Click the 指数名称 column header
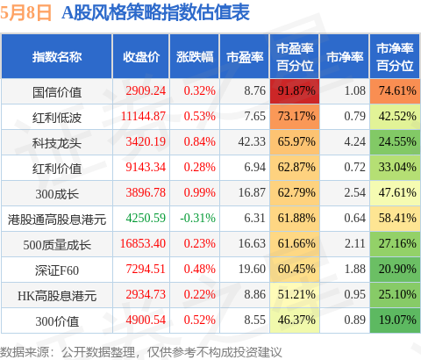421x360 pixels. (x=57, y=57)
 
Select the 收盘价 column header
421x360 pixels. (x=141, y=57)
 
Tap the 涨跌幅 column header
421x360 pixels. (x=195, y=57)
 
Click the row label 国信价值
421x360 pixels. (x=57, y=92)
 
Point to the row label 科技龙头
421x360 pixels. (x=57, y=143)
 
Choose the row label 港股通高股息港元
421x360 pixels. (x=57, y=220)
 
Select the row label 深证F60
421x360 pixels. (x=57, y=270)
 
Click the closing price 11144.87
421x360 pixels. (x=143, y=116)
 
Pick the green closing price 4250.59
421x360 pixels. (x=146, y=218)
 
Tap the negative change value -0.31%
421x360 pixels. (x=197, y=218)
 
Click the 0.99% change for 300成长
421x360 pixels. (x=200, y=192)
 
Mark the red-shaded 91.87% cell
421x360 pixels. (x=295, y=91)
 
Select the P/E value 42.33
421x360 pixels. (x=252, y=141)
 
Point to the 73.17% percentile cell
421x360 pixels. (x=295, y=117)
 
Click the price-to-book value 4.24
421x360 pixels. (x=354, y=141)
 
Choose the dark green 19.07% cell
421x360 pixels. (x=395, y=320)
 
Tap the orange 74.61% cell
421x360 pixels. (x=395, y=91)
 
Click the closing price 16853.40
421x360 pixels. (x=143, y=243)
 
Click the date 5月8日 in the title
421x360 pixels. (x=25, y=13)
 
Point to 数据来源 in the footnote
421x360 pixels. (x=25, y=352)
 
